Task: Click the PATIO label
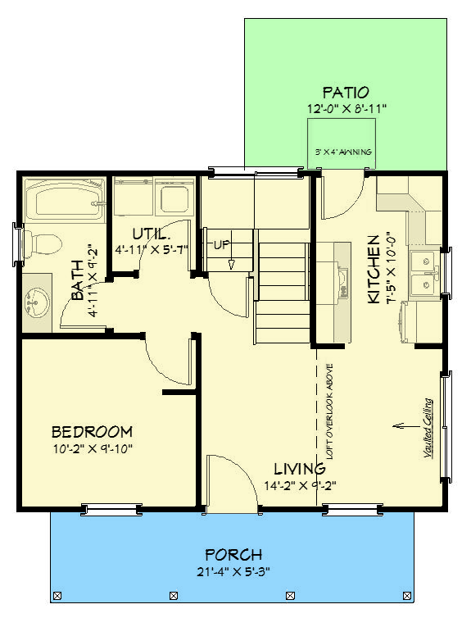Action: [345, 92]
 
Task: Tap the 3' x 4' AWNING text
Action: [344, 152]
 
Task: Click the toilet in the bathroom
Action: [42, 243]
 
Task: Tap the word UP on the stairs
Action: [221, 244]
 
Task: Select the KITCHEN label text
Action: [374, 269]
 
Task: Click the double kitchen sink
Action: [425, 274]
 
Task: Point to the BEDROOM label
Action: [92, 432]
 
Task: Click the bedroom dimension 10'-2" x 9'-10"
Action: [92, 448]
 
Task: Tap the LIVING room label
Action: [299, 469]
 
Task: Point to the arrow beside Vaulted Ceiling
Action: [401, 425]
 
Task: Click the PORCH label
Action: [233, 555]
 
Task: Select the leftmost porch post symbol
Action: [57, 595]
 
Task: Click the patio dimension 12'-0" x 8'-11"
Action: [345, 107]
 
